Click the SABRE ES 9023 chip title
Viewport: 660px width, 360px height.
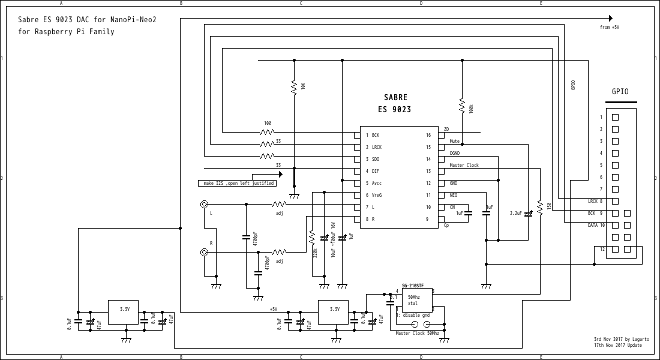[x=394, y=103]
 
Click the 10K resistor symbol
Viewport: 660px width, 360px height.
[x=294, y=88]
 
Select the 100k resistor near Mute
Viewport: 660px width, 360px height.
[x=462, y=106]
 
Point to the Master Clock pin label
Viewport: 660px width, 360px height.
[x=464, y=166]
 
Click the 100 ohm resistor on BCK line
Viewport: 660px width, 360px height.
[x=267, y=131]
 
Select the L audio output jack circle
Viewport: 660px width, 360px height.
[x=204, y=205]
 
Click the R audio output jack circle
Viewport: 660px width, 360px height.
[x=204, y=253]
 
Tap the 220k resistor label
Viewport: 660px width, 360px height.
[x=315, y=253]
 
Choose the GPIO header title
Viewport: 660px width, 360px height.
[x=620, y=92]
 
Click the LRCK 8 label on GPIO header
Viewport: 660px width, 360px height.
[x=595, y=202]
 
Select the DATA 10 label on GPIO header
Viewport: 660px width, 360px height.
[x=596, y=226]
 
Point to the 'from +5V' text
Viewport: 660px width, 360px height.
[x=609, y=28]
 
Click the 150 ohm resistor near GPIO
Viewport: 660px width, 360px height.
[x=540, y=207]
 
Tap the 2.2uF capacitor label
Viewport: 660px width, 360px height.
[x=515, y=213]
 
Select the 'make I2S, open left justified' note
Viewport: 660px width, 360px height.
[x=237, y=183]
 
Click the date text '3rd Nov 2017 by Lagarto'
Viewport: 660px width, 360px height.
[x=617, y=339]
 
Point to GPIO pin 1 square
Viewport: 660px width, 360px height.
[x=615, y=118]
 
